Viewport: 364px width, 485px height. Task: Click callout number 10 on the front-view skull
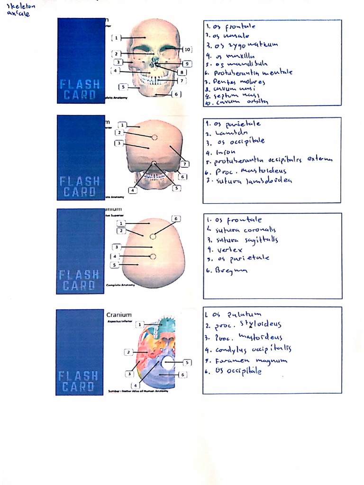tap(187, 49)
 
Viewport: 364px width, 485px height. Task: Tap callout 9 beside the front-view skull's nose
tap(187, 63)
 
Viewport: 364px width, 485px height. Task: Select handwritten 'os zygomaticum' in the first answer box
tap(242, 45)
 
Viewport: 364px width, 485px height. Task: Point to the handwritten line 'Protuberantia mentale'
tap(249, 73)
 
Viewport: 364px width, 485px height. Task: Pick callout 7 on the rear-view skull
tap(185, 164)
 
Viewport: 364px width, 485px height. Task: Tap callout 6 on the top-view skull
tap(176, 218)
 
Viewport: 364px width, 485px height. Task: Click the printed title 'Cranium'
tap(119, 314)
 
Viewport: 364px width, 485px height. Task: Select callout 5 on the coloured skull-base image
tap(187, 362)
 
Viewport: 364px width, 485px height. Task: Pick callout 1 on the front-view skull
tap(116, 37)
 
